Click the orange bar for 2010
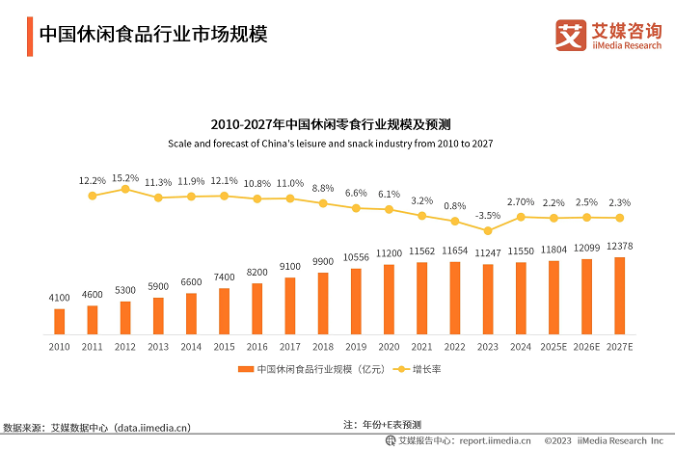pos(60,321)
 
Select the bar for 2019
pos(355,301)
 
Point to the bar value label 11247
pos(488,251)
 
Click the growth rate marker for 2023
pos(488,230)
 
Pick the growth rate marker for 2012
pos(125,189)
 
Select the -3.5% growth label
pos(489,216)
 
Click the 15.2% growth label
pos(125,177)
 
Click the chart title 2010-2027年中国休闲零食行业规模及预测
pos(337,125)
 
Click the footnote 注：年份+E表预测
pos(382,425)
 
